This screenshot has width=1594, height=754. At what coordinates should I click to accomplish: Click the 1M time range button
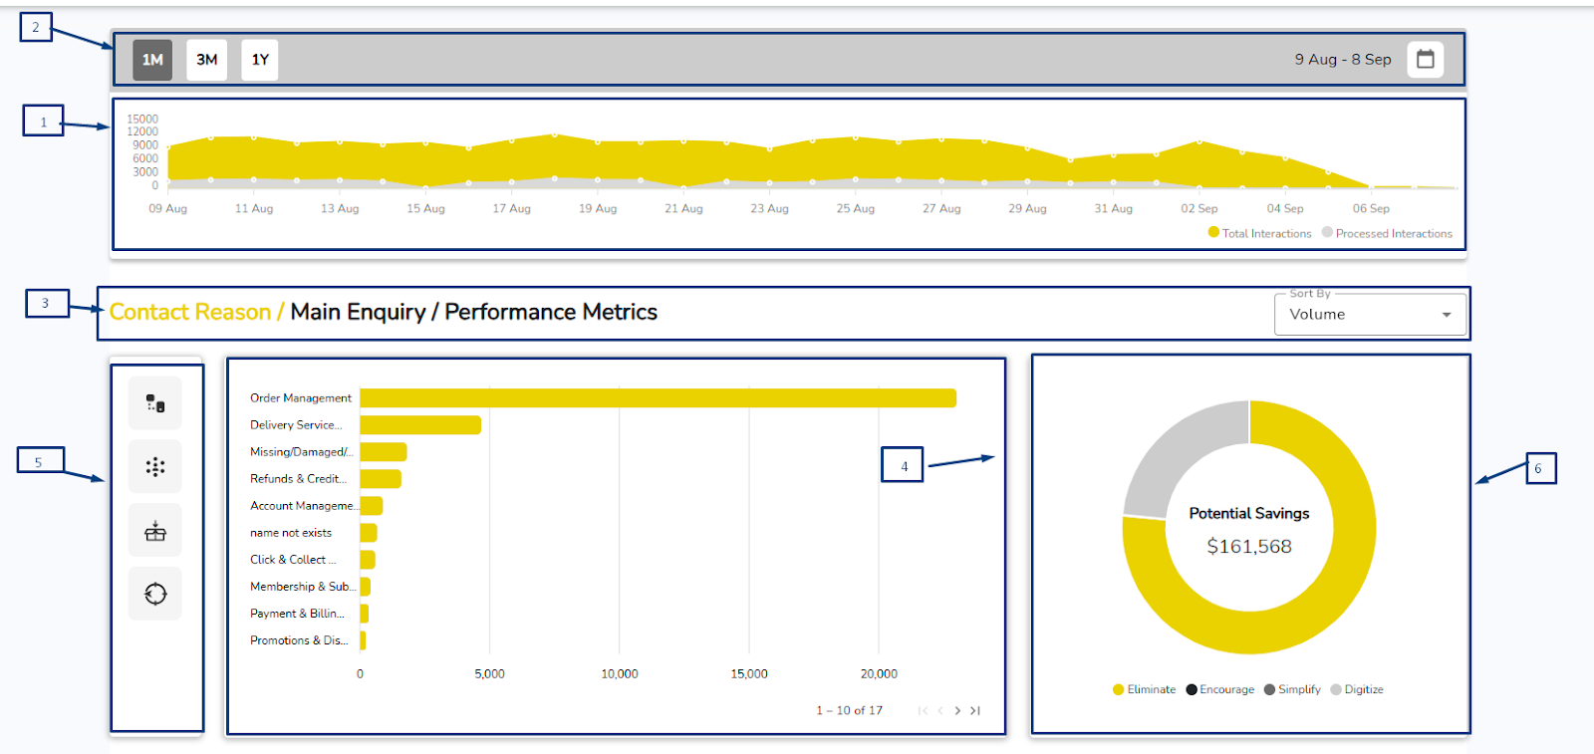[x=152, y=60]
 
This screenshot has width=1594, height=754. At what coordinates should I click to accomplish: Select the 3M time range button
[x=206, y=60]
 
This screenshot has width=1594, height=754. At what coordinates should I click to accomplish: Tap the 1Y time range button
[x=260, y=60]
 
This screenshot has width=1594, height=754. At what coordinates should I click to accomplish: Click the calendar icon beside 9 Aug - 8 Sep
[x=1425, y=59]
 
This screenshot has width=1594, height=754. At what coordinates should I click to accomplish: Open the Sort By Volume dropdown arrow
[x=1446, y=315]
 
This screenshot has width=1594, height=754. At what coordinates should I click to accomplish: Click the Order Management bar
[x=658, y=398]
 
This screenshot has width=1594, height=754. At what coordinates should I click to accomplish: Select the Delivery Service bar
[x=419, y=425]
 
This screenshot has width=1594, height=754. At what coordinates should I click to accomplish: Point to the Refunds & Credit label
[x=298, y=479]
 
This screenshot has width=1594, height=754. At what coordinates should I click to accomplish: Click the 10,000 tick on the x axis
[x=619, y=674]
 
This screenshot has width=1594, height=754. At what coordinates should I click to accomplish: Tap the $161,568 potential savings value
[x=1248, y=547]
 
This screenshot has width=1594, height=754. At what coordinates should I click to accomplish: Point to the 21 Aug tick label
[x=683, y=209]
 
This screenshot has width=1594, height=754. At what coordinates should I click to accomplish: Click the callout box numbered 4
[x=903, y=465]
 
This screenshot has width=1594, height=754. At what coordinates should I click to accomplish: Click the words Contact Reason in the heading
[x=189, y=313]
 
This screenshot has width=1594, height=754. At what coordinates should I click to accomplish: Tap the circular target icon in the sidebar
[x=155, y=594]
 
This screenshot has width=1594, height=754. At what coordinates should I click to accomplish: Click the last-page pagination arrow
[x=975, y=710]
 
